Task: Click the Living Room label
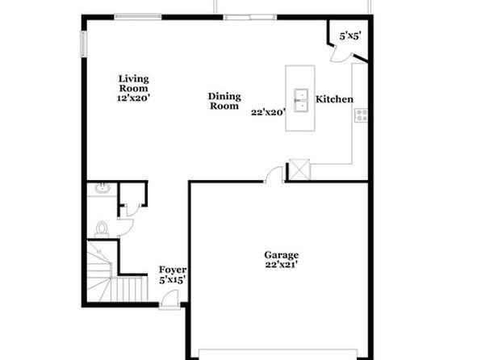tap(134, 83)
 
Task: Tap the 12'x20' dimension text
tap(133, 98)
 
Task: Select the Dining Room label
tap(224, 101)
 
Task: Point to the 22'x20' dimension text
tap(269, 112)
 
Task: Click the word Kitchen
tap(334, 99)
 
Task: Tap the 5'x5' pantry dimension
tap(350, 36)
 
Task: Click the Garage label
tap(282, 255)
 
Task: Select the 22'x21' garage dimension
tap(282, 265)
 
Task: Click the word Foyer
tap(173, 270)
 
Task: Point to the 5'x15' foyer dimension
tap(173, 280)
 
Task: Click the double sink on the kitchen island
tap(301, 100)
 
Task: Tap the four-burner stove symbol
tap(361, 115)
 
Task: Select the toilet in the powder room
tap(102, 229)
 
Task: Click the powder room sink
tap(102, 188)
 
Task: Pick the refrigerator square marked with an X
tap(299, 170)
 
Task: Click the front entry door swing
tap(169, 299)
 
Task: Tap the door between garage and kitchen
tap(274, 175)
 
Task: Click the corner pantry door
tap(341, 55)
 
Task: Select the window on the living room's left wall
tap(83, 44)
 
